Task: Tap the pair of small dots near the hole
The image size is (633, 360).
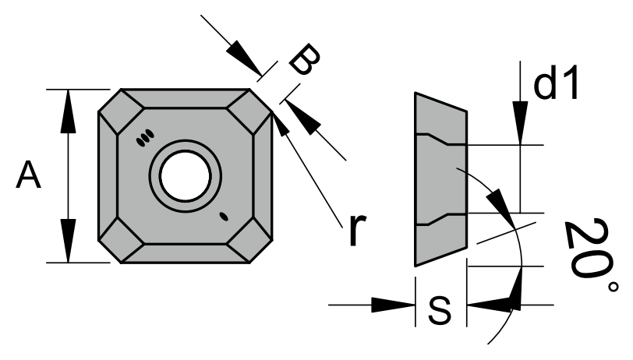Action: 143,139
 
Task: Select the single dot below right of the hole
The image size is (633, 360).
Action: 224,216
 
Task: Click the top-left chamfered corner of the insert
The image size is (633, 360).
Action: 117,108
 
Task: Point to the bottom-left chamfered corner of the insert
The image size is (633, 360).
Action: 117,242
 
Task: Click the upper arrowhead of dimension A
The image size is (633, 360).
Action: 69,105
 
